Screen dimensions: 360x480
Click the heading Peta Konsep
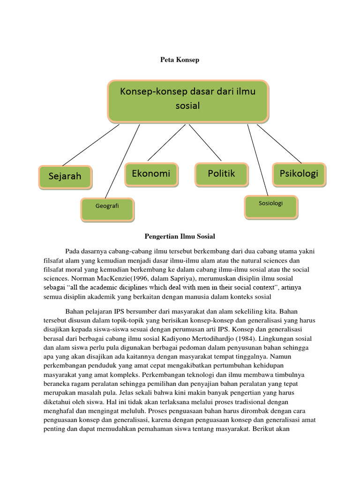pyautogui.click(x=180, y=60)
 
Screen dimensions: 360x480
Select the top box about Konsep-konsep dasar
pyautogui.click(x=188, y=99)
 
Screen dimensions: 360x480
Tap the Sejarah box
pyautogui.click(x=65, y=176)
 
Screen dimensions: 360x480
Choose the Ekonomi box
pyautogui.click(x=151, y=173)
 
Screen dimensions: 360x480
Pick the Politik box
pyautogui.click(x=221, y=173)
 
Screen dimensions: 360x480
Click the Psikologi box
pyautogui.click(x=299, y=173)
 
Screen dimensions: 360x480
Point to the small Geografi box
pyautogui.click(x=107, y=206)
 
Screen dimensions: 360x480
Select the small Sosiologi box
pyautogui.click(x=270, y=203)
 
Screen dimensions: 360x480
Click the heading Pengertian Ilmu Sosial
pyautogui.click(x=180, y=237)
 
